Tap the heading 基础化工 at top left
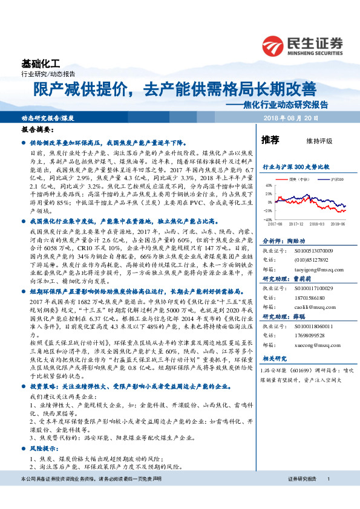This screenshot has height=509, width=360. [x=38, y=63]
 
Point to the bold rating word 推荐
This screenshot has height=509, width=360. [x=270, y=140]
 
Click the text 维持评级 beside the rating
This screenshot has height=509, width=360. [x=319, y=141]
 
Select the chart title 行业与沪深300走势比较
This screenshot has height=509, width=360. [x=295, y=166]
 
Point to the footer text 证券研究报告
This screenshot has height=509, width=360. [x=303, y=496]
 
